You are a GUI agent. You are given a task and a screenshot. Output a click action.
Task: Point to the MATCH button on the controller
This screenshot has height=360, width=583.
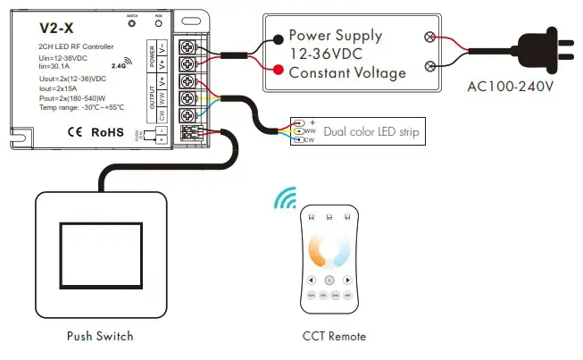pos(131,25)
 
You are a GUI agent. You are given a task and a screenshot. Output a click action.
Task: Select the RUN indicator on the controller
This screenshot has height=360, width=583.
pos(158,25)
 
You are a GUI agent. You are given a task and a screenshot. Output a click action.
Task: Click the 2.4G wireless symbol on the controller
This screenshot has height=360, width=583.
pos(123,63)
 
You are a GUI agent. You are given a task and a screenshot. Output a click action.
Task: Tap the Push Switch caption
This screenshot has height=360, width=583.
pos(99,337)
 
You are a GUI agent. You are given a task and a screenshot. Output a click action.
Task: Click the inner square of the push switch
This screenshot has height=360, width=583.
pos(99,255)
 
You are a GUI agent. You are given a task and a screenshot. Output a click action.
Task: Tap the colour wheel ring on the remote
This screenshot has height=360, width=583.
pos(329,252)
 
